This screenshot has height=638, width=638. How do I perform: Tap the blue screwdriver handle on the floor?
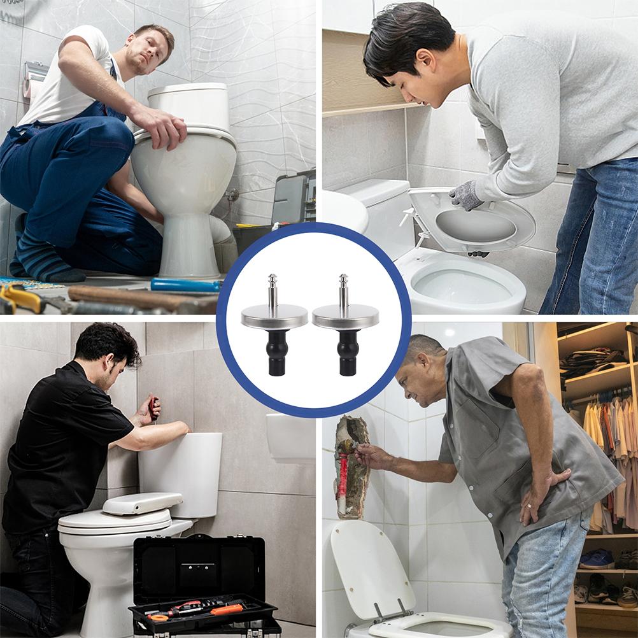click(185, 285)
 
